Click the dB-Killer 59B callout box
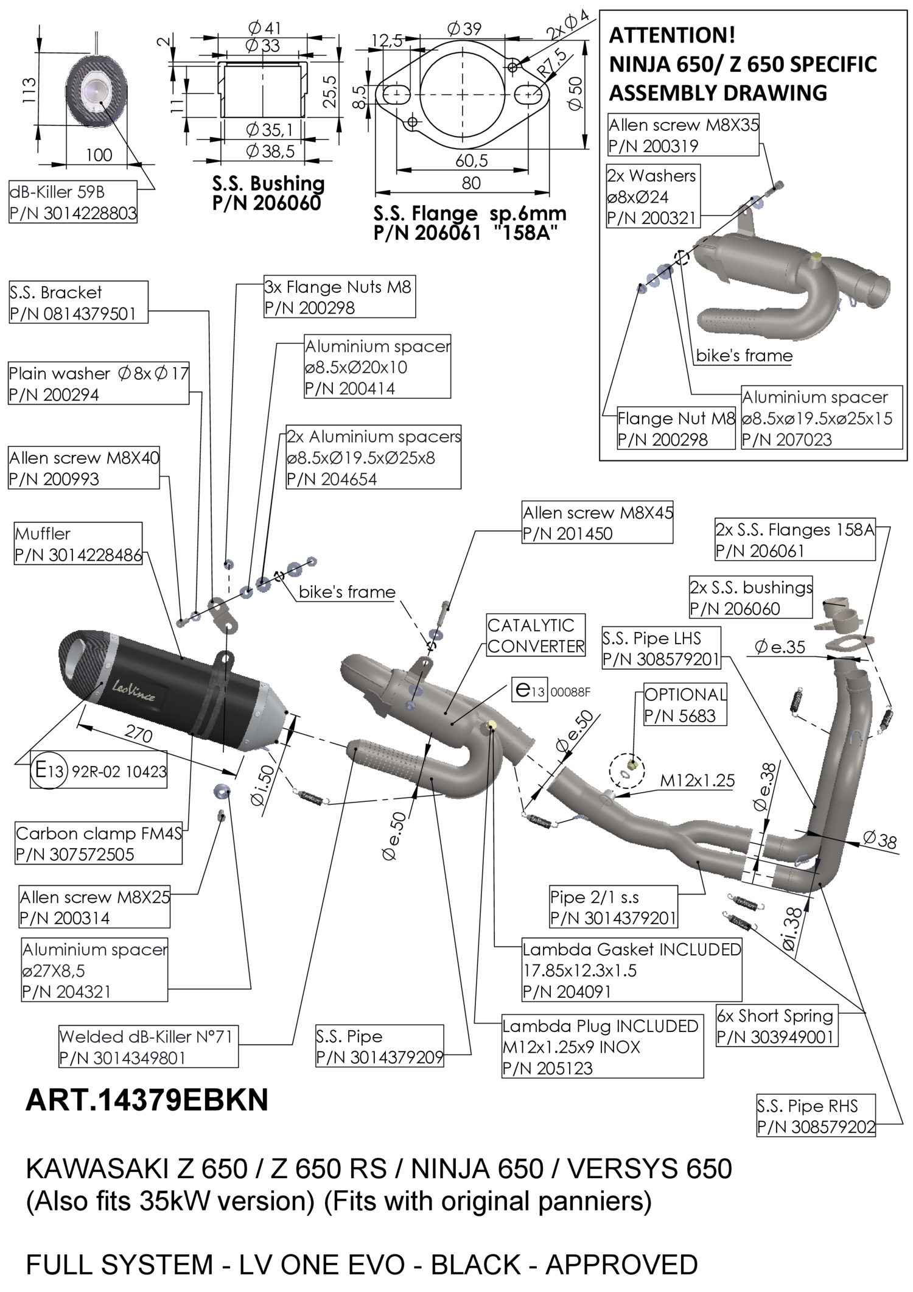[x=73, y=202]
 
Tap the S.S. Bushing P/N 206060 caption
[x=268, y=193]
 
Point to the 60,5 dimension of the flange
[x=472, y=161]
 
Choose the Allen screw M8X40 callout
[x=84, y=468]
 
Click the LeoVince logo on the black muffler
[x=133, y=691]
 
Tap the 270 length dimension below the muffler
[x=138, y=735]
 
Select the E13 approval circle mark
[x=46, y=771]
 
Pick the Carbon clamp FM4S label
[x=99, y=843]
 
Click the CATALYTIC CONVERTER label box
[x=536, y=635]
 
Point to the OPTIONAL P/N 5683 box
[x=685, y=705]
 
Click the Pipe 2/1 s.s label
[x=612, y=907]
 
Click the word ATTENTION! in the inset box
[x=672, y=36]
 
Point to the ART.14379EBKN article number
[x=147, y=1100]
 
